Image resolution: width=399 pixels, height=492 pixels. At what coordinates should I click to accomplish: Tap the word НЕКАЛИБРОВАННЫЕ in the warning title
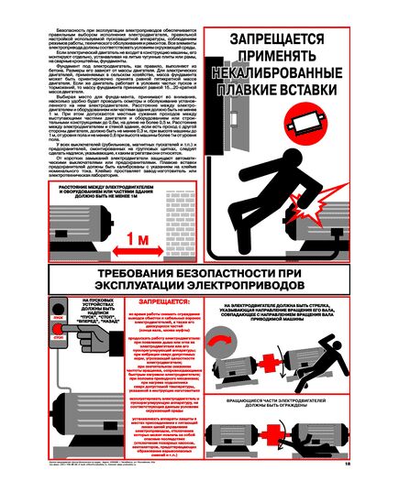pos(291,73)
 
